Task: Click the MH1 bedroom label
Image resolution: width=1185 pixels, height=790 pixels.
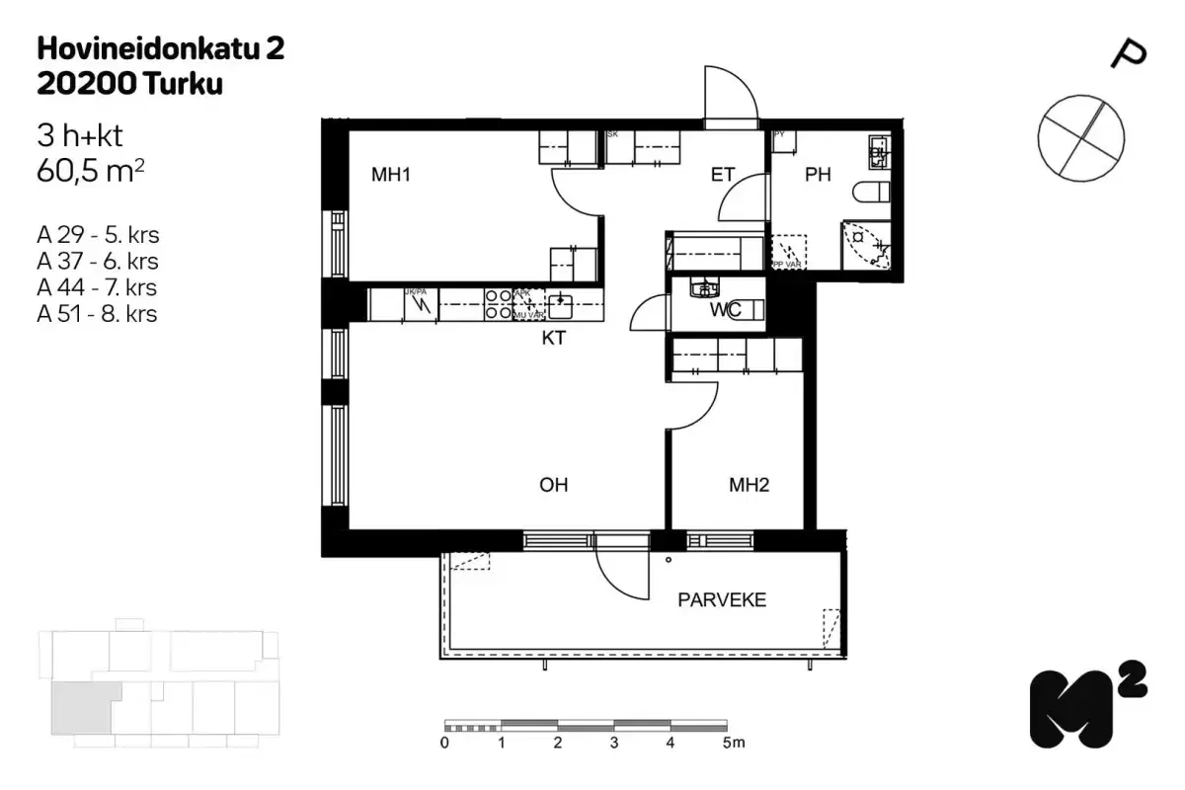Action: pyautogui.click(x=390, y=176)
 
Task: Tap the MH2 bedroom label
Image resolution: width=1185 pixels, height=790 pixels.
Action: pyautogui.click(x=749, y=485)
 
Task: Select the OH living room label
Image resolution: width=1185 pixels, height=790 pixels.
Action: pyautogui.click(x=553, y=485)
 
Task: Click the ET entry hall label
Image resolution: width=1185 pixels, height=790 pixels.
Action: pyautogui.click(x=724, y=176)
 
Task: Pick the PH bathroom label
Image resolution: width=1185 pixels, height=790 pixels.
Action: pyautogui.click(x=818, y=176)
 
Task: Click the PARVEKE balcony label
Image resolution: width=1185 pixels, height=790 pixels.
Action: pyautogui.click(x=721, y=600)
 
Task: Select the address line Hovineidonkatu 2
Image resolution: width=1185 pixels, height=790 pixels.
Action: pyautogui.click(x=160, y=49)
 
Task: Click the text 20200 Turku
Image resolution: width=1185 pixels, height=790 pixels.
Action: pyautogui.click(x=128, y=85)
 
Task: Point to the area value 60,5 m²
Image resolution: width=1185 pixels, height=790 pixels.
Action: pyautogui.click(x=91, y=172)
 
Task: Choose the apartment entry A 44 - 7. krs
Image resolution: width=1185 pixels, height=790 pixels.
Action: pyautogui.click(x=97, y=288)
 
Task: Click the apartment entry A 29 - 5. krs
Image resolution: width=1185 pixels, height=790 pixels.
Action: pyautogui.click(x=97, y=236)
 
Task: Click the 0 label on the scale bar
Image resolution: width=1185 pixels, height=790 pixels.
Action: pyautogui.click(x=445, y=743)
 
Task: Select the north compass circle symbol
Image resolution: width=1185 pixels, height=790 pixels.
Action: pyautogui.click(x=1080, y=137)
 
